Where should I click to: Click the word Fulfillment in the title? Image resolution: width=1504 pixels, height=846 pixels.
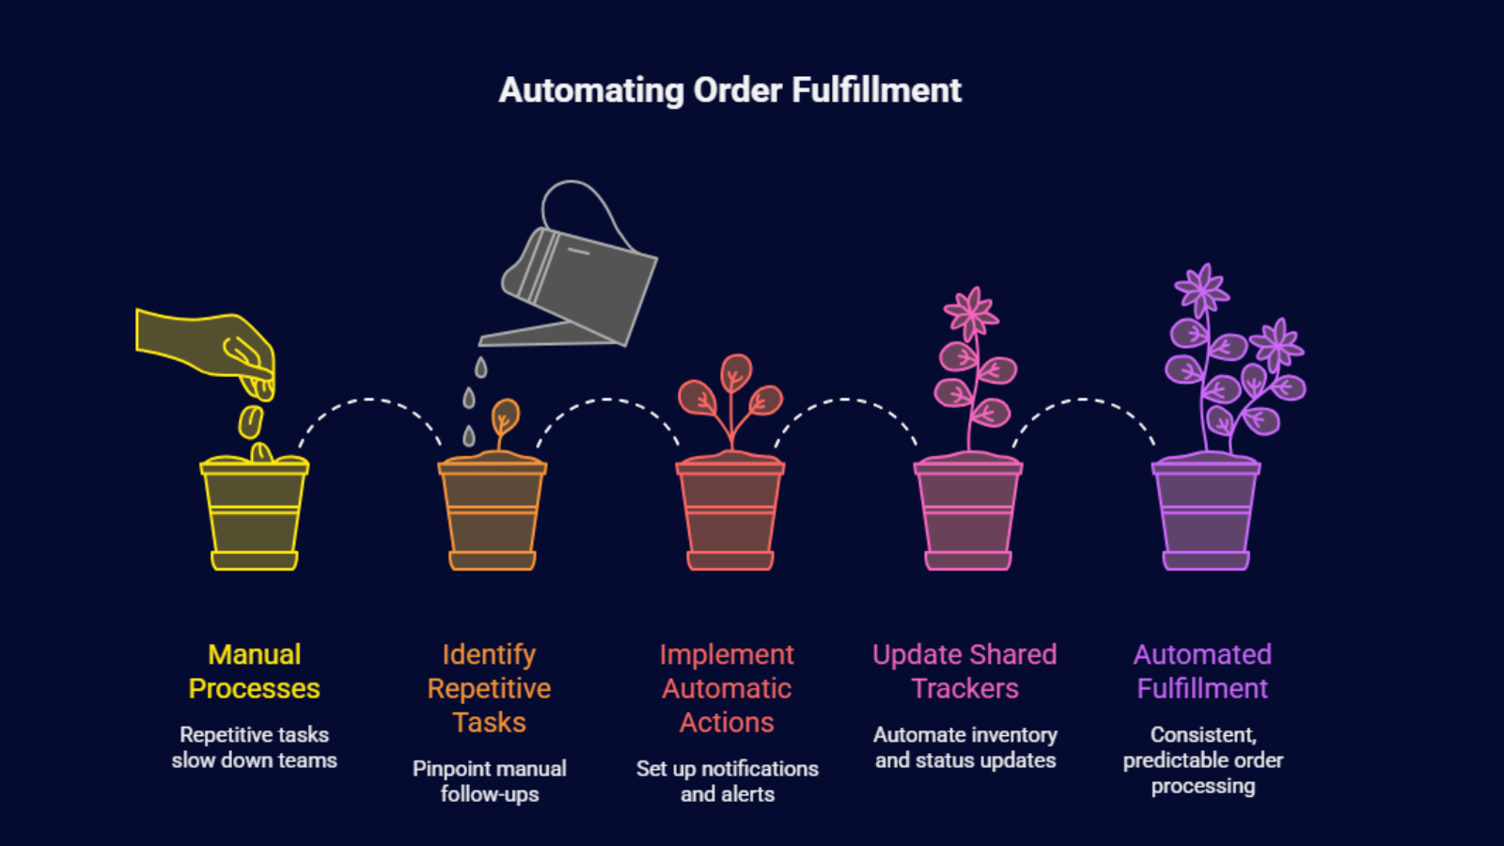[875, 90]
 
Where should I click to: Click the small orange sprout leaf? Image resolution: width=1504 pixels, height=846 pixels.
[506, 415]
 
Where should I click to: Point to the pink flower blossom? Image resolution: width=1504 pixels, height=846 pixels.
[971, 312]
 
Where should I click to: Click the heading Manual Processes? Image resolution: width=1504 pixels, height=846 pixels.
[254, 671]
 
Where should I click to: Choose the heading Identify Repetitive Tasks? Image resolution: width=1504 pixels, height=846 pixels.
[489, 688]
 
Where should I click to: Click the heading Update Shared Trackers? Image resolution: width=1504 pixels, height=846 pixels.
[964, 671]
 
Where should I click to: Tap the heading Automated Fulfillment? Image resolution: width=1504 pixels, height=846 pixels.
[1202, 671]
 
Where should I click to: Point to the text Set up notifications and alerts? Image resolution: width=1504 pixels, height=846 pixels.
[727, 781]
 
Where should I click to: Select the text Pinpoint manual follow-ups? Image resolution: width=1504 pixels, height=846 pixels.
[489, 781]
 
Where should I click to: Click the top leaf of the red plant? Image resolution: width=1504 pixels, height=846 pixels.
[736, 372]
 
